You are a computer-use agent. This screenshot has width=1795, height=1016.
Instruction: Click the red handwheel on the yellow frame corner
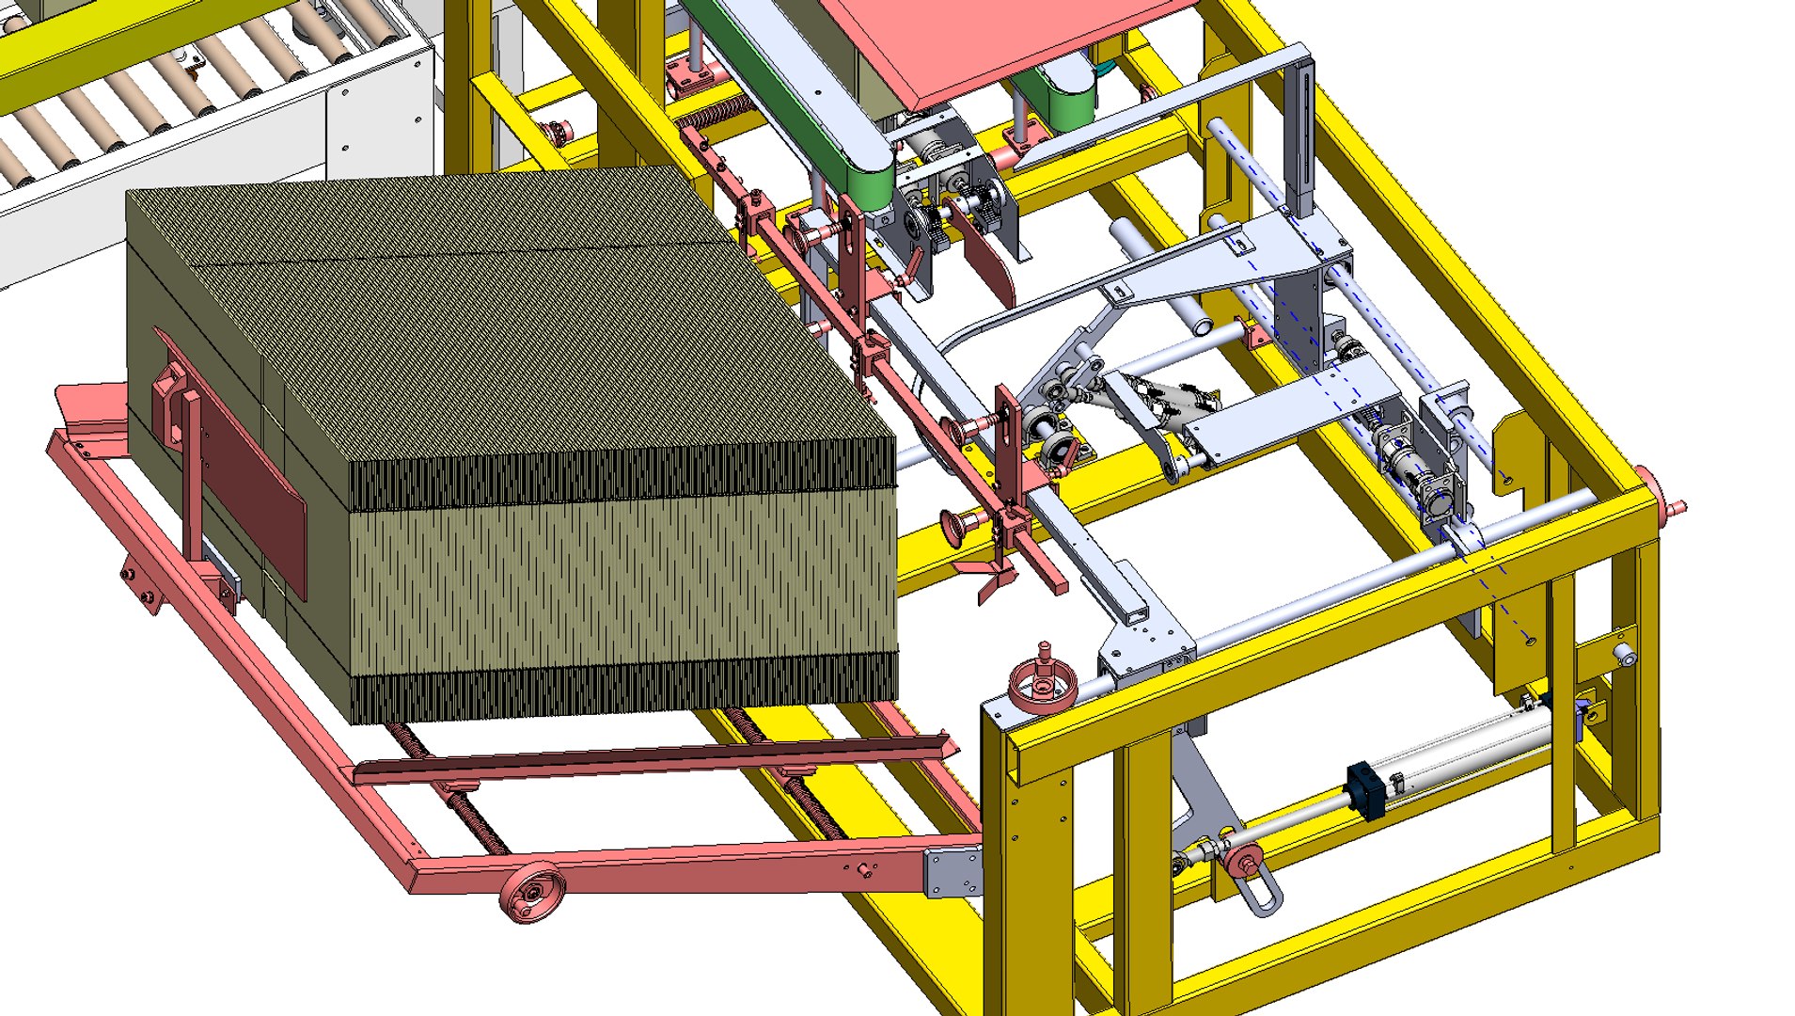pyautogui.click(x=1042, y=685)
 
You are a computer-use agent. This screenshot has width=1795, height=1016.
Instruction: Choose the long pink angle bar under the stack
pyautogui.click(x=658, y=760)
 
